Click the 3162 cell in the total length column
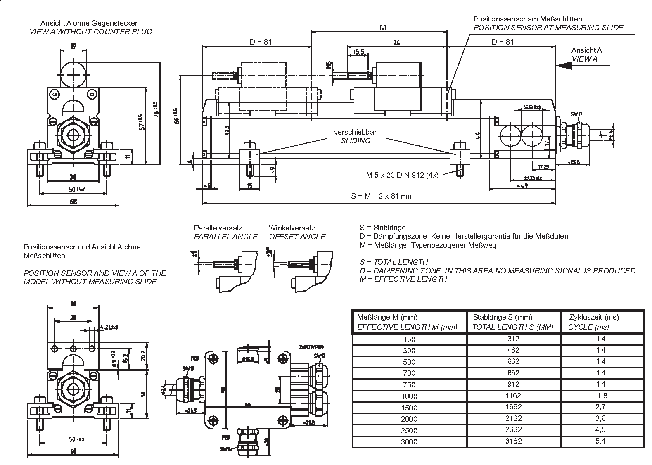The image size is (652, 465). click(x=513, y=441)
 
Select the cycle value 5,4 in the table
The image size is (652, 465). click(x=600, y=441)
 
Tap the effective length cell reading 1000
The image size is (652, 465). click(x=409, y=396)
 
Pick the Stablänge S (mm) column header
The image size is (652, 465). click(x=503, y=317)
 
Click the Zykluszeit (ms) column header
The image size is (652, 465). click(x=594, y=317)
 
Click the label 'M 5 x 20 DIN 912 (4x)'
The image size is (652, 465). click(x=402, y=175)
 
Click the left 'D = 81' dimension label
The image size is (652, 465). click(x=261, y=42)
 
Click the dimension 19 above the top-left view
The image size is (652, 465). click(x=73, y=46)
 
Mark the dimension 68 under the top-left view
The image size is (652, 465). click(x=73, y=202)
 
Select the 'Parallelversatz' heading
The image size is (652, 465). click(x=218, y=228)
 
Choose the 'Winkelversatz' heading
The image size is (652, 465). click(x=292, y=228)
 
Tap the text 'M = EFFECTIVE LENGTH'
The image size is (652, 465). click(x=403, y=279)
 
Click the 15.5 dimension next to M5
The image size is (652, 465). click(x=358, y=52)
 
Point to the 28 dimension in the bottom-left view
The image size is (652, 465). click(x=73, y=317)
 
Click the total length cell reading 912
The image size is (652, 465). click(x=513, y=384)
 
